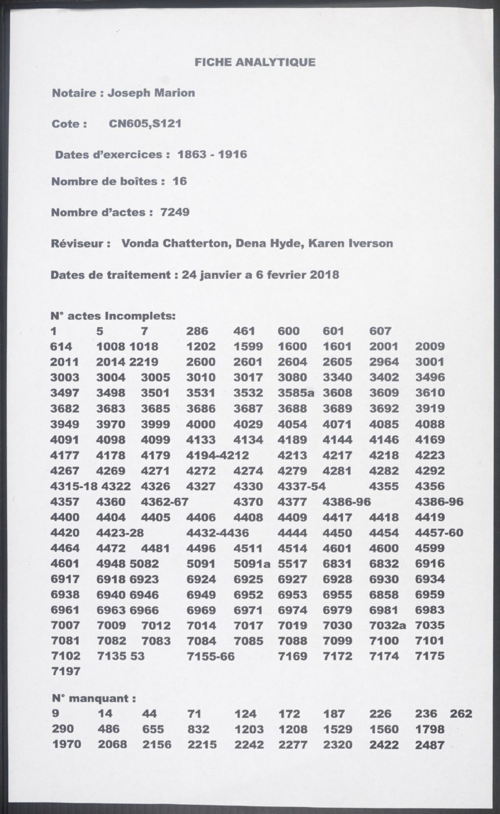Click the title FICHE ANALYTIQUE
(255, 62)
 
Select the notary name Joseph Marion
(151, 93)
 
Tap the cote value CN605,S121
(145, 124)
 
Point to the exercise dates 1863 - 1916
(212, 154)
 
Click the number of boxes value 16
(180, 181)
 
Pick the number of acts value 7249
(175, 212)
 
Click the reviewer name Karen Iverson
(350, 243)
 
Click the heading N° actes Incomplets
(113, 316)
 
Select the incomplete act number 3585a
(296, 393)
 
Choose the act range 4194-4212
(218, 455)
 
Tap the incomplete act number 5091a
(251, 564)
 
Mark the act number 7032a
(388, 625)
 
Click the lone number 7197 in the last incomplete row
(65, 671)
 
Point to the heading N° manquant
(93, 699)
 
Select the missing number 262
(461, 714)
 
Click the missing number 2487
(430, 745)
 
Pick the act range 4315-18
(74, 487)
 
